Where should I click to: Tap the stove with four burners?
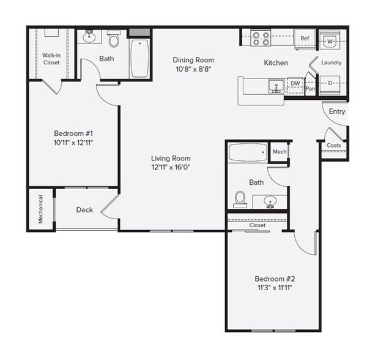pos(261,39)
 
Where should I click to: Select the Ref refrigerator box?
pos(304,38)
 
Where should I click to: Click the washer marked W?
pos(330,41)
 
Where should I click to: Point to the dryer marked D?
pos(330,83)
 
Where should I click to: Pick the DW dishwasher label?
pos(295,83)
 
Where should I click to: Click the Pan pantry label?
pos(310,89)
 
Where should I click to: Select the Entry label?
pos(337,111)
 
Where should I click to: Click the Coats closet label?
pos(334,145)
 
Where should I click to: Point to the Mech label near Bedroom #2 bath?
pos(280,151)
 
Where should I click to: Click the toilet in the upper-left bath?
pos(113,40)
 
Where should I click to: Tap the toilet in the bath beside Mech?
pos(240,199)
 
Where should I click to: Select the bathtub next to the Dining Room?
pos(140,59)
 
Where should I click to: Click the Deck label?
pos(84,210)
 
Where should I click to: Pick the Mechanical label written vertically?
pos(40,209)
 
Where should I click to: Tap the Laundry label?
pos(332,62)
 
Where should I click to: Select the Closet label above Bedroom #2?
pos(258,225)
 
